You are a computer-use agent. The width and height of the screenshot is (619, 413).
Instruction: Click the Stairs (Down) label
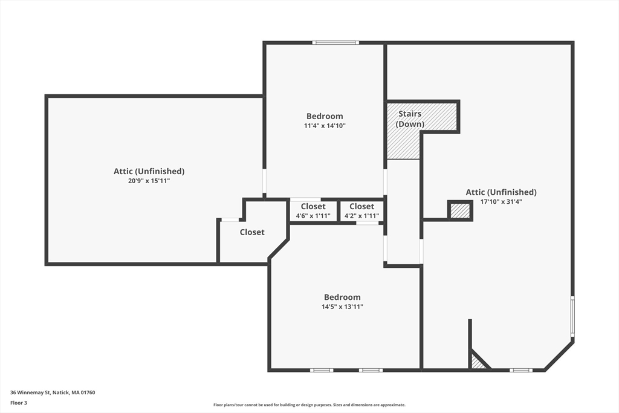tap(410, 119)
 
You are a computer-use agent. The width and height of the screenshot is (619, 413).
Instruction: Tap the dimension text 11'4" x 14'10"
tap(325, 126)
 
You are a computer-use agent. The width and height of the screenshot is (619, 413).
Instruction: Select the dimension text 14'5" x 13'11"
tap(342, 307)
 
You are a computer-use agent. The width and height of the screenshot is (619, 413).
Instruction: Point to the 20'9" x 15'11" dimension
tap(149, 181)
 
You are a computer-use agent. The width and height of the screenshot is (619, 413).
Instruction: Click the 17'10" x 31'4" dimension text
tap(501, 202)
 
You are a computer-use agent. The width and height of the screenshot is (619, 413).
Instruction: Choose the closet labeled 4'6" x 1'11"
tap(313, 211)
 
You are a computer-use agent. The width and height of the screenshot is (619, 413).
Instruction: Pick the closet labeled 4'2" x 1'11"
tap(361, 211)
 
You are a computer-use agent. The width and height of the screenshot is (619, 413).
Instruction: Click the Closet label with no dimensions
tap(252, 232)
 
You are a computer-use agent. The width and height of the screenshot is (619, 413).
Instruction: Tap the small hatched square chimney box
tap(460, 210)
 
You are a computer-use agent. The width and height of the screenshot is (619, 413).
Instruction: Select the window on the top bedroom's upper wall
tap(335, 43)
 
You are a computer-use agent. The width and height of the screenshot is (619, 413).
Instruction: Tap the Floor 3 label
tap(19, 403)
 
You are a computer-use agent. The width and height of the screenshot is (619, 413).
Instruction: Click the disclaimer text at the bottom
tap(309, 405)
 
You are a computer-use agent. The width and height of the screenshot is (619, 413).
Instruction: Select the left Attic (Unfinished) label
tap(149, 171)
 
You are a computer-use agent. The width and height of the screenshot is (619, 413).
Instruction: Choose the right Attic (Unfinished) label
tap(501, 192)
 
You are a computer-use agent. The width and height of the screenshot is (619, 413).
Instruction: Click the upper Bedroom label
tap(325, 116)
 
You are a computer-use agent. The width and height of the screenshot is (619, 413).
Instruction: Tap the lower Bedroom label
tap(342, 298)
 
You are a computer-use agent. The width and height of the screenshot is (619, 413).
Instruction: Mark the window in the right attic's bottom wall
tap(520, 370)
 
